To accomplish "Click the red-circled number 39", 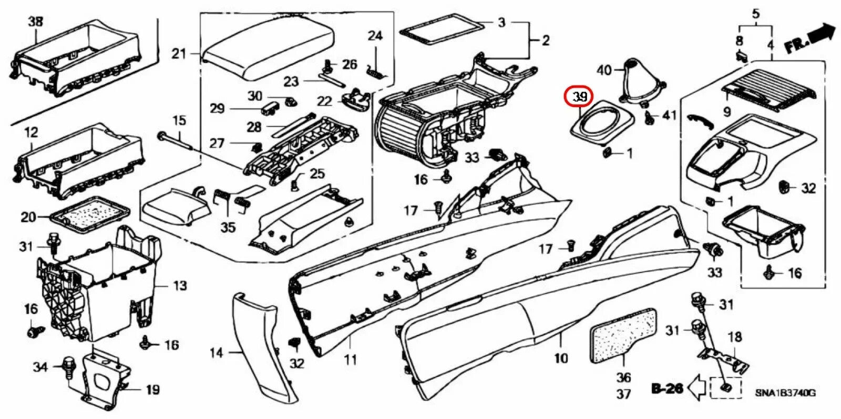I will [579, 97].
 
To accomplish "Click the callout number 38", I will [36, 22].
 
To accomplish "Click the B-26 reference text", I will [667, 389].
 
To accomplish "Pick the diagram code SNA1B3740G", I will [785, 393].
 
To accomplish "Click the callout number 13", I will [180, 286].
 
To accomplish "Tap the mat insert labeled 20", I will [88, 215].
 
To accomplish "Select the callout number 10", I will [561, 358].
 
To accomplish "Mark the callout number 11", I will [351, 360].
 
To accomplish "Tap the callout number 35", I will [228, 227].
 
